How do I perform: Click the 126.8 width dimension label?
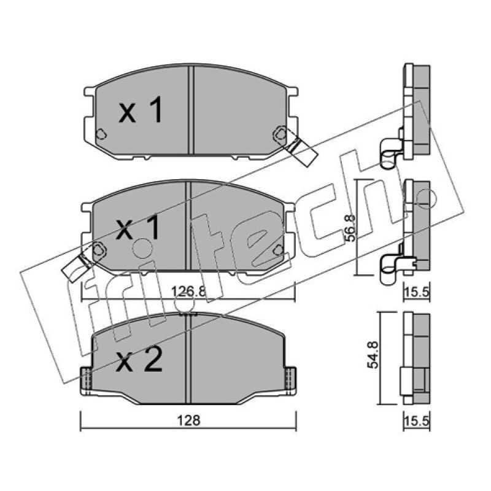click(188, 292)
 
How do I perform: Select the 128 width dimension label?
click(188, 420)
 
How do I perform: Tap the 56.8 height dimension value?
click(350, 228)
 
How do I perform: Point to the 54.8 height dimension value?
click(374, 355)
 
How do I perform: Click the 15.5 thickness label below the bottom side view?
click(417, 421)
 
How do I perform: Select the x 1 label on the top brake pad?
click(141, 110)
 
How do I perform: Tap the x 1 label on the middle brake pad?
click(137, 228)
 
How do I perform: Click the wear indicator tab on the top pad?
click(302, 151)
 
